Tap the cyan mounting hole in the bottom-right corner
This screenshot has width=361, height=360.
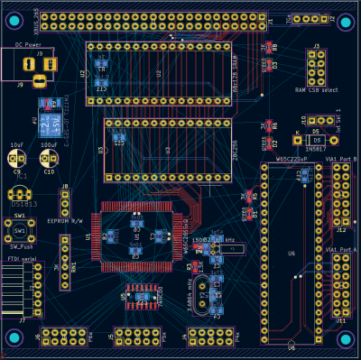(344, 338)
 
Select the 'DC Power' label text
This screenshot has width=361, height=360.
(29, 42)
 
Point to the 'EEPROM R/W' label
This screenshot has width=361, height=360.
(64, 220)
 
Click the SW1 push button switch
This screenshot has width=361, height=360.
(19, 230)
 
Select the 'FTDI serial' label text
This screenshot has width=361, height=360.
(23, 259)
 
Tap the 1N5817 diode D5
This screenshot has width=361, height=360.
(316, 141)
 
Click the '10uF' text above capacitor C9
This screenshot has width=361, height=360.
(17, 144)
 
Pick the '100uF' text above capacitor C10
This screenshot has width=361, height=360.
(49, 144)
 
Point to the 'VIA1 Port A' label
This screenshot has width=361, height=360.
(341, 248)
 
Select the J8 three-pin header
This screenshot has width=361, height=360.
(65, 201)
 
